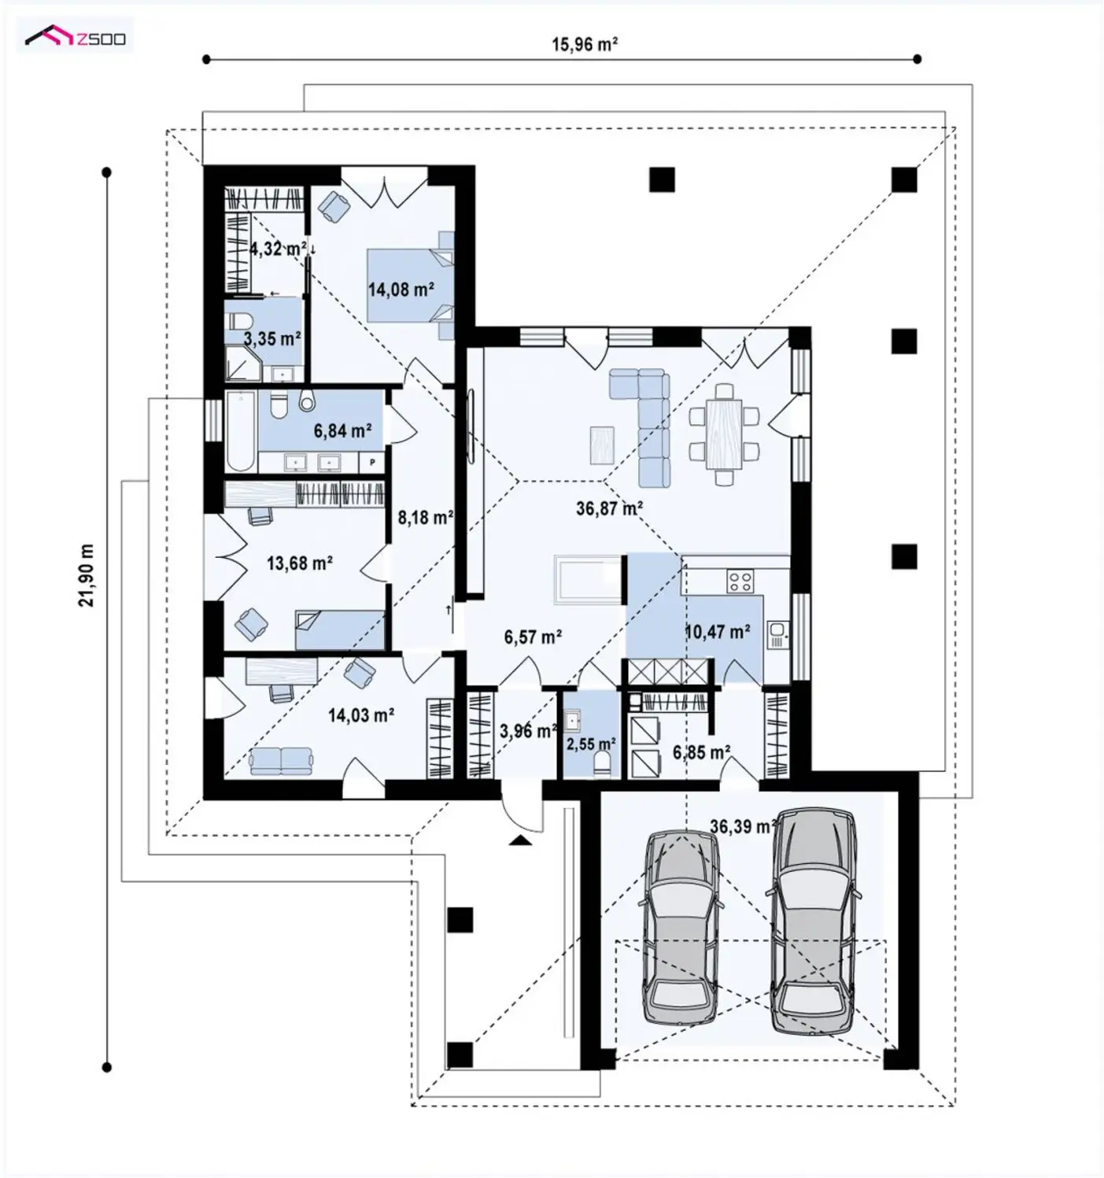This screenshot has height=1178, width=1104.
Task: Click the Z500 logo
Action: [75, 38]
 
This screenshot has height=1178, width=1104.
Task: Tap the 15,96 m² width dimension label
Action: [585, 44]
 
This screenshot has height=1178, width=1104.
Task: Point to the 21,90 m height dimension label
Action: [87, 574]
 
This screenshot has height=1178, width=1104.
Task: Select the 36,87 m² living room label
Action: [610, 508]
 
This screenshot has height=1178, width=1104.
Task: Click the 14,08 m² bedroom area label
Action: [401, 290]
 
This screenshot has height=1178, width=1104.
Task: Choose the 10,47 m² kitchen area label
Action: [717, 631]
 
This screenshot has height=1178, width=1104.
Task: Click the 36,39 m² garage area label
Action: [744, 825]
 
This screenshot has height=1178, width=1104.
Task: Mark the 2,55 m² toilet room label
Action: [591, 743]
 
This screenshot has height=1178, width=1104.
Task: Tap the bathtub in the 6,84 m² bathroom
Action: [242, 431]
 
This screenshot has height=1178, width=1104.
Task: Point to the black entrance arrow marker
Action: [520, 840]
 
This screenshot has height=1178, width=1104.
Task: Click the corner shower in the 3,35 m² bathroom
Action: [243, 364]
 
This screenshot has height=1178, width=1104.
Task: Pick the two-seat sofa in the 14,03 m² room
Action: [281, 760]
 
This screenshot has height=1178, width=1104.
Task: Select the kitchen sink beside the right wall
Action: [777, 633]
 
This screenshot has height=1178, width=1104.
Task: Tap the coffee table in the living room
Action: [604, 444]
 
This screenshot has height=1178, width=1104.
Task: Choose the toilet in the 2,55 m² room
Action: [602, 765]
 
